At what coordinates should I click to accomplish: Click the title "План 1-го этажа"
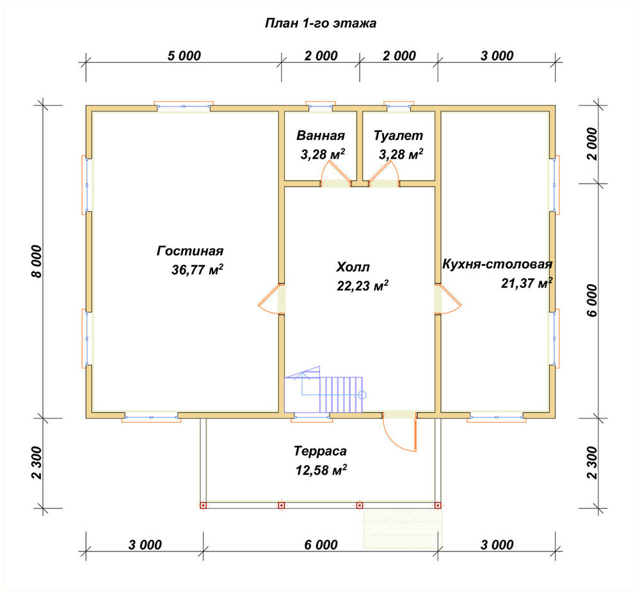321,23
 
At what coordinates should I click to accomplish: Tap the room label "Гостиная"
190,251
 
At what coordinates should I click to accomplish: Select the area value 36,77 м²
197,269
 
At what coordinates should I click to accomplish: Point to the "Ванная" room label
321,136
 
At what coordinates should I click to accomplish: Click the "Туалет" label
398,136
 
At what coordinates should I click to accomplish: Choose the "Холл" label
353,267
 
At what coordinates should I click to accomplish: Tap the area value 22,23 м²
362,286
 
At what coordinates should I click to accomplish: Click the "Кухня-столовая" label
497,264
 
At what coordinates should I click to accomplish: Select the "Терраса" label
321,451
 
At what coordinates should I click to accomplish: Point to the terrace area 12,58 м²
321,470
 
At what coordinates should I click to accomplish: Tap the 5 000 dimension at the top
184,56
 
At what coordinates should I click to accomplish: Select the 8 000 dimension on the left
37,262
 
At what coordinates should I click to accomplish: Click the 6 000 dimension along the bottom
321,544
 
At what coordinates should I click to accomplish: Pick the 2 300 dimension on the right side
592,463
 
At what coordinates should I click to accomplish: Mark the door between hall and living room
270,299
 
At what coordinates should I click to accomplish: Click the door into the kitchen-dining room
449,299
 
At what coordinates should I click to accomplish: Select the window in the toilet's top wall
399,106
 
